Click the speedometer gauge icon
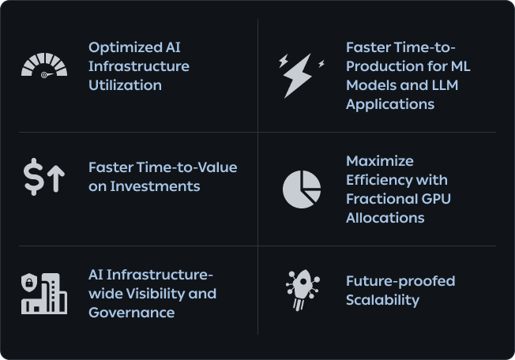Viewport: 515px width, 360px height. pos(44,66)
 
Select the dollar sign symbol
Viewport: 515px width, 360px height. pos(33,177)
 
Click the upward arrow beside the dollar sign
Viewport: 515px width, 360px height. pos(55,178)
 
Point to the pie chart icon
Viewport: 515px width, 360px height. pos(302,189)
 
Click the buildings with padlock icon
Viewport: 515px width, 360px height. pos(44,293)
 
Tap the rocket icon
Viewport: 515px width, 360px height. pos(301,291)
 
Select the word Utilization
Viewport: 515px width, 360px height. pos(125,85)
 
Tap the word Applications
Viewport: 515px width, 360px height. pos(390,104)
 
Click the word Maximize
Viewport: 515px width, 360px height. pos(380,161)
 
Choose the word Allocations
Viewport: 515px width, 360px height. pos(385,218)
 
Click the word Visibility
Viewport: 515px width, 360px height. pos(157,294)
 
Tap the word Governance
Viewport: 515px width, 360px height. pos(132,313)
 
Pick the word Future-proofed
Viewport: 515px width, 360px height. pos(400,281)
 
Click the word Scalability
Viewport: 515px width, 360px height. pos(382,300)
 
